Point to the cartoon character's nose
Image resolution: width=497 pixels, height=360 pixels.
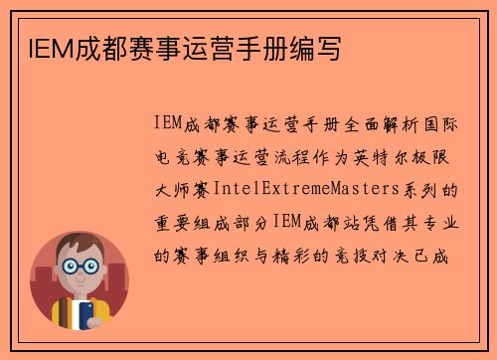79,275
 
